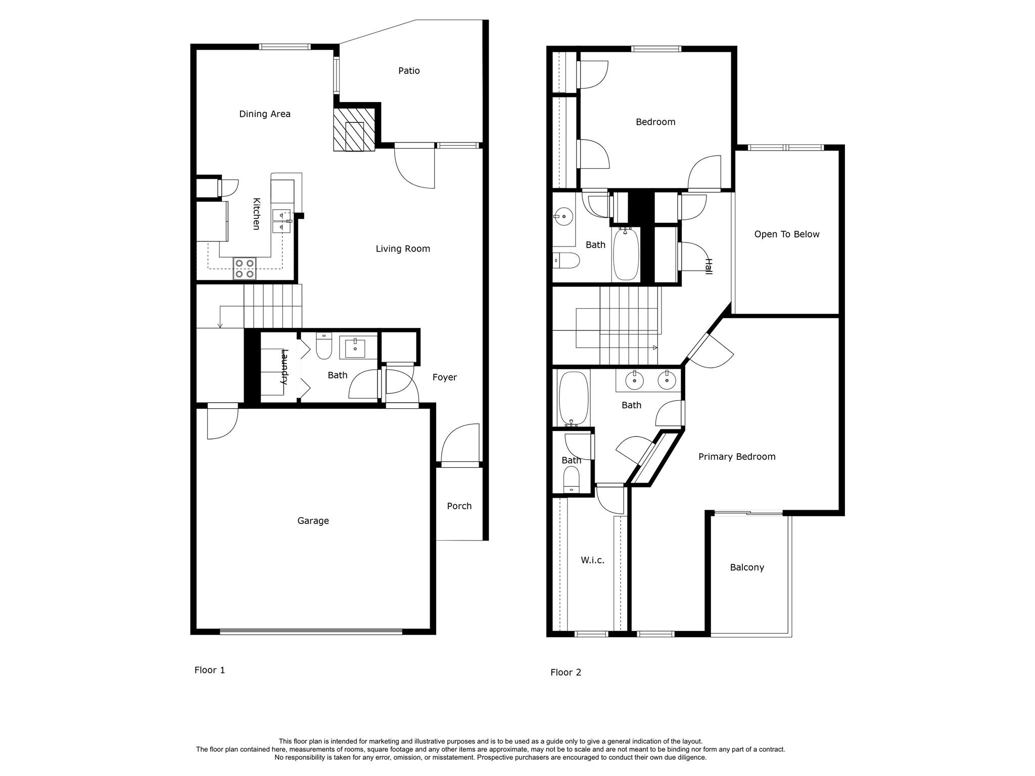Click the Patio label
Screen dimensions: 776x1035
[x=409, y=71]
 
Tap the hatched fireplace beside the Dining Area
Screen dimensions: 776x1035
[x=354, y=129]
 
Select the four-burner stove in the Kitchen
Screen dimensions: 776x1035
[x=245, y=268]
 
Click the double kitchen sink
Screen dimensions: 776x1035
[x=281, y=221]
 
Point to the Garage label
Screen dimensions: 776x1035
[x=313, y=521]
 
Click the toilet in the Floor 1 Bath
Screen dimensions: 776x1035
[x=323, y=346]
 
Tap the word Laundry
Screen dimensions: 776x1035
[x=285, y=367]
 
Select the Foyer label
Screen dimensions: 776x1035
[x=444, y=377]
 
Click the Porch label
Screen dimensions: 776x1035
[x=459, y=506]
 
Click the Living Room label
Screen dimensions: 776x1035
[x=403, y=249]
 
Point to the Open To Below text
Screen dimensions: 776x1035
[x=786, y=234]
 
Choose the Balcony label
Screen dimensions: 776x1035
[x=746, y=567]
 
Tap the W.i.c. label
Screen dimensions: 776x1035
[x=592, y=560]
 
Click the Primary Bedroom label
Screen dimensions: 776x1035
[x=736, y=457]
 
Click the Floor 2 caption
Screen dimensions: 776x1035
[x=566, y=672]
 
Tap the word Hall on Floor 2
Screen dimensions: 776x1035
[x=709, y=266]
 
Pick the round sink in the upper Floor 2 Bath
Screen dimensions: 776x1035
[x=563, y=217]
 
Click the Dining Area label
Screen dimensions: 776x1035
[x=264, y=114]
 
